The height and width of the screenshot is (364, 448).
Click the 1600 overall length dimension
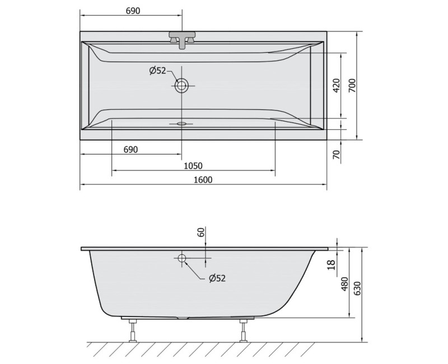click(x=203, y=180)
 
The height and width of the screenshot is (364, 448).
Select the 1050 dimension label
click(x=193, y=166)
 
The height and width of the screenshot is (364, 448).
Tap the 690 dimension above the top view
click(x=133, y=11)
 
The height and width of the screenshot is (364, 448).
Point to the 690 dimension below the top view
click(x=130, y=150)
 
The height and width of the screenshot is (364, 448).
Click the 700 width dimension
click(x=352, y=85)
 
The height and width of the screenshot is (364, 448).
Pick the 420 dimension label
click(x=337, y=85)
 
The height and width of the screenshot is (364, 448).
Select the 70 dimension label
click(x=337, y=155)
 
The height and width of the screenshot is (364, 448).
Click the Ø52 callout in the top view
click(x=157, y=71)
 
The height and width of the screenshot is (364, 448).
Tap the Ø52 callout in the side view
click(x=217, y=278)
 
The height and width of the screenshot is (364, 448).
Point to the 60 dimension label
click(x=201, y=232)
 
